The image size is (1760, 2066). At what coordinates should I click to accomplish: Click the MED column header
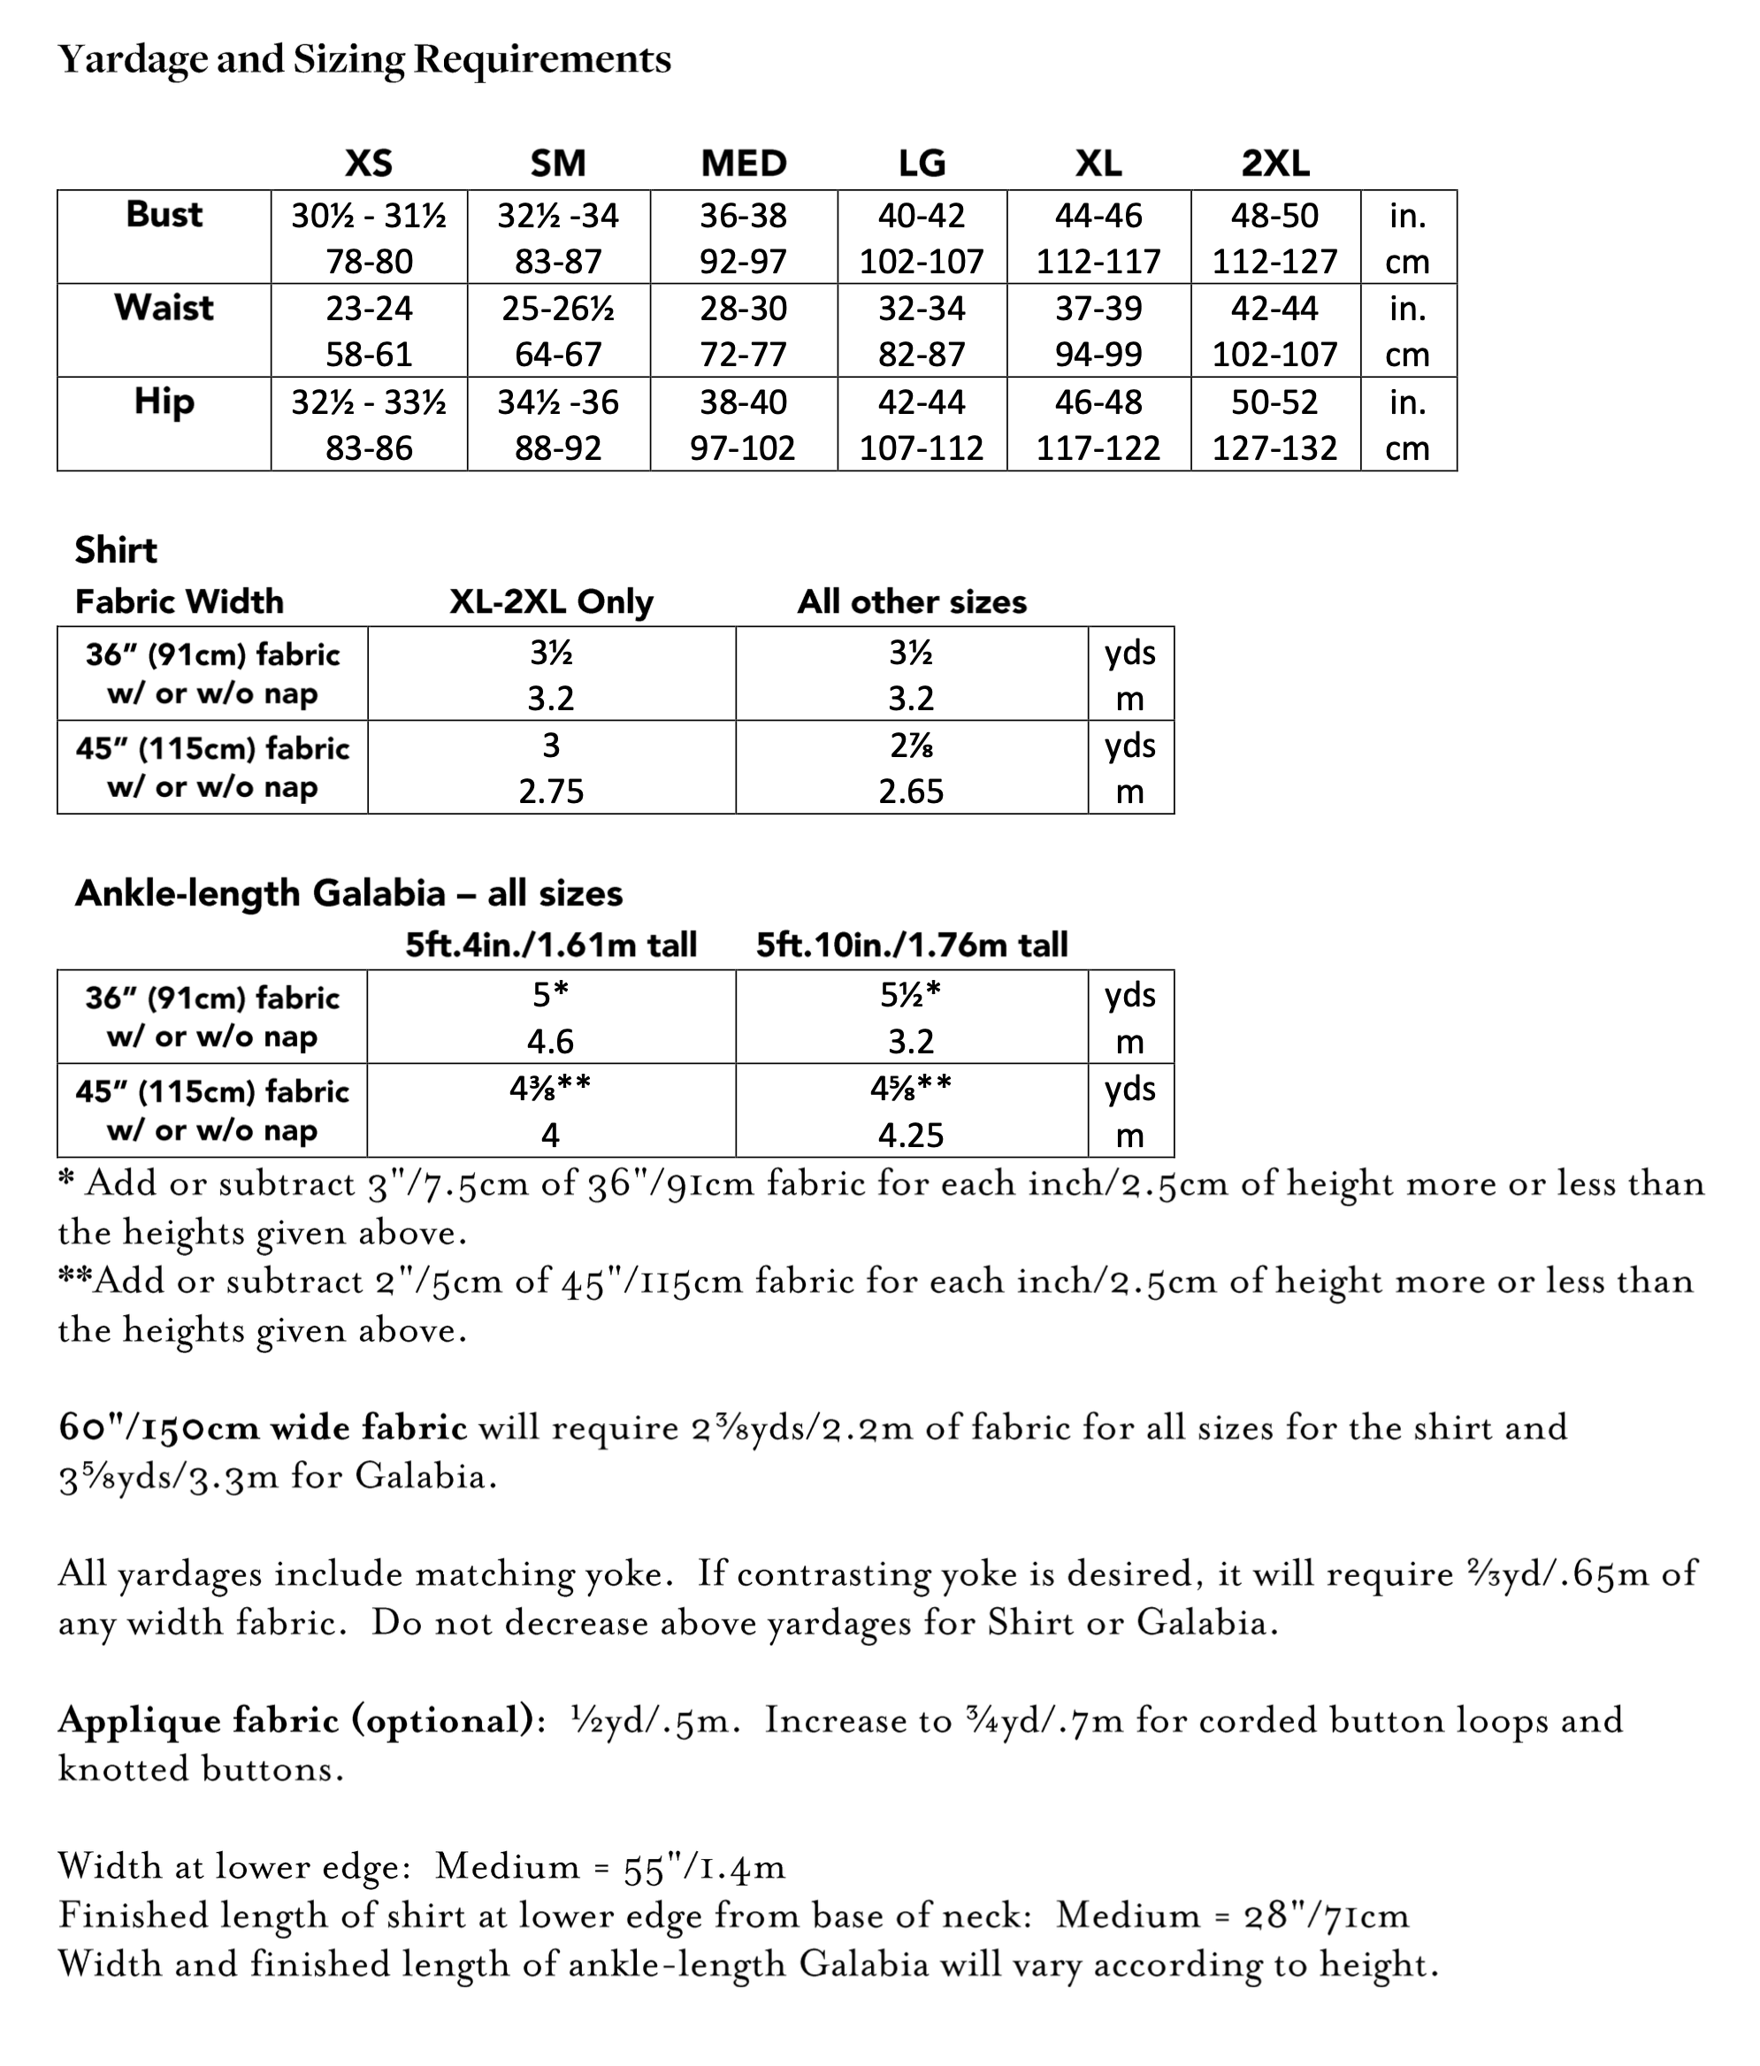pos(743,163)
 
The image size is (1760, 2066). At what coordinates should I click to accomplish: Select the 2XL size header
pos(1274,163)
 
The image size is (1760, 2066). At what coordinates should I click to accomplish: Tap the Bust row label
pos(164,214)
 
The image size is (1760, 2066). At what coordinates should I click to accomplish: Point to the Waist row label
pos(164,307)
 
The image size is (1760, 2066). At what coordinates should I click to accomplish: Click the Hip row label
pos(164,401)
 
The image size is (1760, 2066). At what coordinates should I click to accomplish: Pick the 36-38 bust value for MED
pos(743,216)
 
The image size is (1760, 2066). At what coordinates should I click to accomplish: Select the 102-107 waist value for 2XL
pos(1274,354)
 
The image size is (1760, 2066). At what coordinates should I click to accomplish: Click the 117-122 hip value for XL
pos(1098,448)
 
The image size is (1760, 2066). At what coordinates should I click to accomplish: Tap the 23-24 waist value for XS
pos(369,308)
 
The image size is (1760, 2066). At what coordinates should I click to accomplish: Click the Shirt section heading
pos(116,549)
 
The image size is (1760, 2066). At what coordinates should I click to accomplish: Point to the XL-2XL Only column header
pos(550,601)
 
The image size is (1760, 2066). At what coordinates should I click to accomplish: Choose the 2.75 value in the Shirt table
pos(550,791)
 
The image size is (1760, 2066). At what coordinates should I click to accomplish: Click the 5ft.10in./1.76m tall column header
pos(912,945)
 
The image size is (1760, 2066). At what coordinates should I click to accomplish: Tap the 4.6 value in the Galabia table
pos(550,1041)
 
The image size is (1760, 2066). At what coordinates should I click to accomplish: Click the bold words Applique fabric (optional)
pos(296,1720)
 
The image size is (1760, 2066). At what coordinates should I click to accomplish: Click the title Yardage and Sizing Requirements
pos(364,60)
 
